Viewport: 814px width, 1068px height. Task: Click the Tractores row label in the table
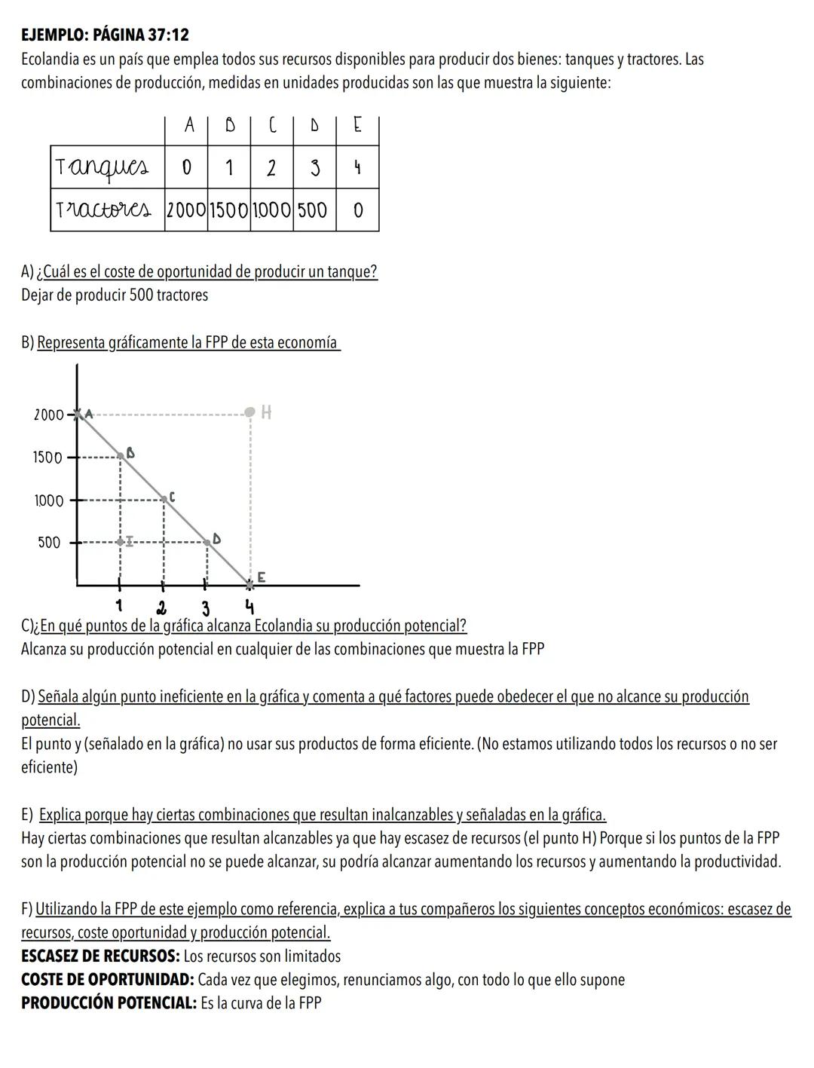pyautogui.click(x=107, y=210)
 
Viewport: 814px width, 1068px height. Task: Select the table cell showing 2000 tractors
pyautogui.click(x=185, y=210)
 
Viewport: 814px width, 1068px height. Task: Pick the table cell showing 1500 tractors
pyautogui.click(x=228, y=210)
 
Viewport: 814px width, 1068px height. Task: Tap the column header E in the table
pyautogui.click(x=357, y=127)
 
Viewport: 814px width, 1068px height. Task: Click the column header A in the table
pyautogui.click(x=188, y=127)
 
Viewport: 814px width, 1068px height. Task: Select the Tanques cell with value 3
pyautogui.click(x=314, y=168)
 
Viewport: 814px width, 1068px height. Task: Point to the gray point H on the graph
pyautogui.click(x=250, y=412)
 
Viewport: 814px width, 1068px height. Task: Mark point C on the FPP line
pyautogui.click(x=164, y=499)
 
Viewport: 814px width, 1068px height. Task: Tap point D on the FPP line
pyautogui.click(x=207, y=542)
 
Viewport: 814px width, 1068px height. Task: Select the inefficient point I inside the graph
pyautogui.click(x=121, y=542)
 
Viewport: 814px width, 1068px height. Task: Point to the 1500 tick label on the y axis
pyautogui.click(x=47, y=457)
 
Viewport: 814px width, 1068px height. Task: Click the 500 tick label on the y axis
pyautogui.click(x=50, y=543)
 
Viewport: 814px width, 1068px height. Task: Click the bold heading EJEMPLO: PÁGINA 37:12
pyautogui.click(x=105, y=35)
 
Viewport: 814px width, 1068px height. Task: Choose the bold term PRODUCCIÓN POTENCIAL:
pyautogui.click(x=109, y=1004)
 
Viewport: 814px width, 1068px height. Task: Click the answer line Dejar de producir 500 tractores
pyautogui.click(x=115, y=295)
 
